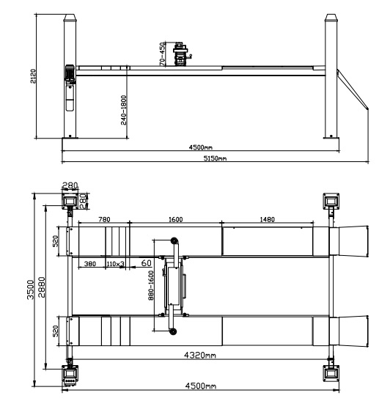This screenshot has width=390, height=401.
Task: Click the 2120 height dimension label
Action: (33, 76)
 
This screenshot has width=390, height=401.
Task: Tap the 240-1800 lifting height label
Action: (123, 110)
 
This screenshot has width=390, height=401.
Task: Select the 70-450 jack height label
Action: (162, 54)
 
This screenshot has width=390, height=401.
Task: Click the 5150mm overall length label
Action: (215, 158)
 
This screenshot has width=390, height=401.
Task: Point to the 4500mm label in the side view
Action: (201, 147)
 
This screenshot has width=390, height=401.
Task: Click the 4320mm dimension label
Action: (199, 355)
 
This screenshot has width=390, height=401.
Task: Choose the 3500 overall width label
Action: (31, 290)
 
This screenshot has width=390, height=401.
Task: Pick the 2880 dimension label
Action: (42, 287)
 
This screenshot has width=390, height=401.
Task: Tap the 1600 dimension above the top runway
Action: (176, 219)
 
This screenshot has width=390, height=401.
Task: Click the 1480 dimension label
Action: (268, 219)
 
